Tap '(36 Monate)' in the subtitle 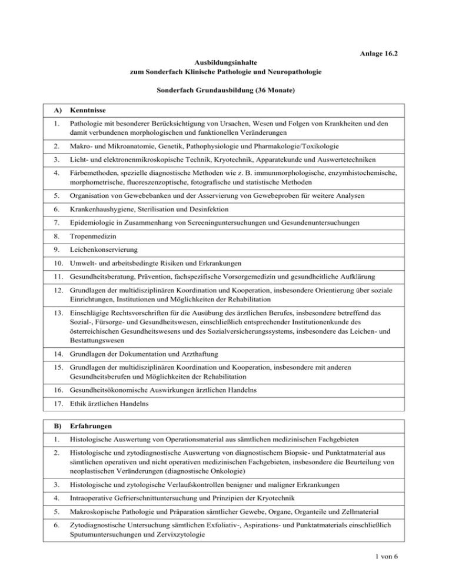[267, 91]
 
